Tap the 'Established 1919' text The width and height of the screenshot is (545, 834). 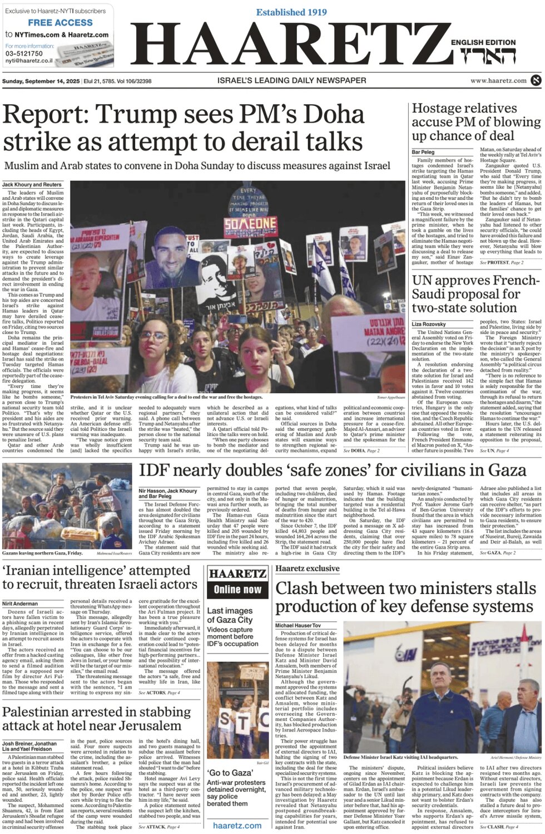coord(292,12)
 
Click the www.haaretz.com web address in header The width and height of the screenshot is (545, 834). coord(498,81)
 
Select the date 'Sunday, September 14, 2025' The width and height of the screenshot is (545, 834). coord(41,81)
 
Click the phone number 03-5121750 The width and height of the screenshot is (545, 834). coord(24,53)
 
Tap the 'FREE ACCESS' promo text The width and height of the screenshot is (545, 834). coord(60,23)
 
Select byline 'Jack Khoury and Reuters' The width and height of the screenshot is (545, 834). coord(32,184)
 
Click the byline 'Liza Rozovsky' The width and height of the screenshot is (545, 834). coord(428,324)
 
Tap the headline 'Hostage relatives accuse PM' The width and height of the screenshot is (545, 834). coord(475,121)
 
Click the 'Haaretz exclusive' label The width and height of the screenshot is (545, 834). coord(307,568)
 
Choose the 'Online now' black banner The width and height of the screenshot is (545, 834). coord(237,590)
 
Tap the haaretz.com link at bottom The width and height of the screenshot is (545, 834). coord(237,826)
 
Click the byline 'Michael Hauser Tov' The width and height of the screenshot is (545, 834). coord(298,626)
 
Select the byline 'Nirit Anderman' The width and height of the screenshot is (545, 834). coord(20,604)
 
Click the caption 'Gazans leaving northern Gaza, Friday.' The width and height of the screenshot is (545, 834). coord(42,553)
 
